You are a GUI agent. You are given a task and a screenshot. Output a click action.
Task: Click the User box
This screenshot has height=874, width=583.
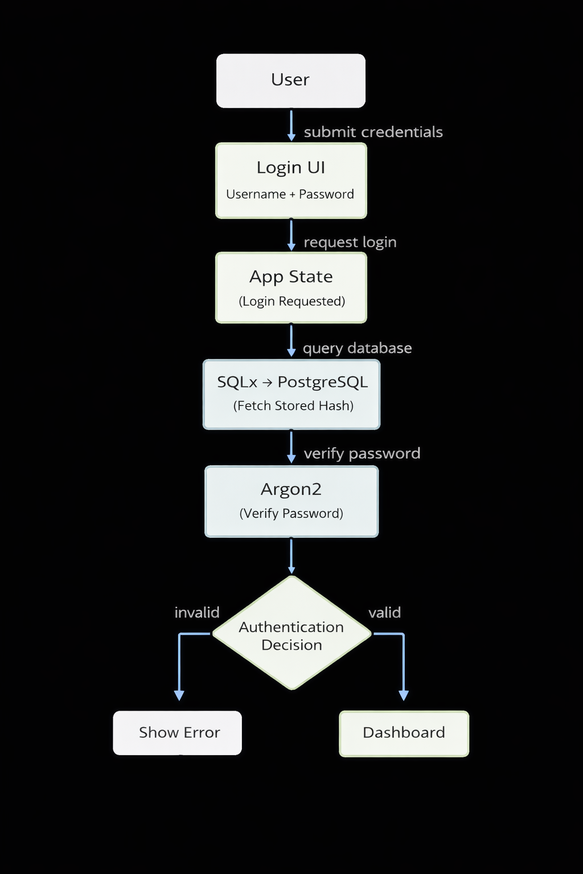(290, 81)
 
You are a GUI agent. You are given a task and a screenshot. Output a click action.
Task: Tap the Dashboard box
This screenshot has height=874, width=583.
(404, 733)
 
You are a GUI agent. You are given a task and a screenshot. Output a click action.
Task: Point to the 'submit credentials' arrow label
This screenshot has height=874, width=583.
(373, 132)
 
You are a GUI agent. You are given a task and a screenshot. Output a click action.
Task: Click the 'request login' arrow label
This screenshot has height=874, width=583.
(350, 242)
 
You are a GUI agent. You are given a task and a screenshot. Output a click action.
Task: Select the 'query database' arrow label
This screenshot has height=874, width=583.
(357, 348)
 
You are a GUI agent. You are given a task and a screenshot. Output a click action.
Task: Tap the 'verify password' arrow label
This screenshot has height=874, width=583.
(362, 454)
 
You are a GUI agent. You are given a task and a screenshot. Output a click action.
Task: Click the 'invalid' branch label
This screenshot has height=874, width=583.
(197, 613)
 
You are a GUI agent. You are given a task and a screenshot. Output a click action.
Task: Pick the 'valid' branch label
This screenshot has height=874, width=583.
(384, 613)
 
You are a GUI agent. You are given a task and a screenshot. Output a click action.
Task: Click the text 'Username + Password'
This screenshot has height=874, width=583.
(290, 195)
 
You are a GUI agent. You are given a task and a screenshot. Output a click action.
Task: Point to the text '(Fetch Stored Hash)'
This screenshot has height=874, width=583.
(293, 406)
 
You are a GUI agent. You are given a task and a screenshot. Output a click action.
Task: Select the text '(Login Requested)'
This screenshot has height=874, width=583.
(291, 302)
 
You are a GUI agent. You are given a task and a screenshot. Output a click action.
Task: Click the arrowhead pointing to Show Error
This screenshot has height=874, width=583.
(179, 695)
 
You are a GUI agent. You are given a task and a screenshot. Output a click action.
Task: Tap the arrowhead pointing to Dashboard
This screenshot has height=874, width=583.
(404, 695)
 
